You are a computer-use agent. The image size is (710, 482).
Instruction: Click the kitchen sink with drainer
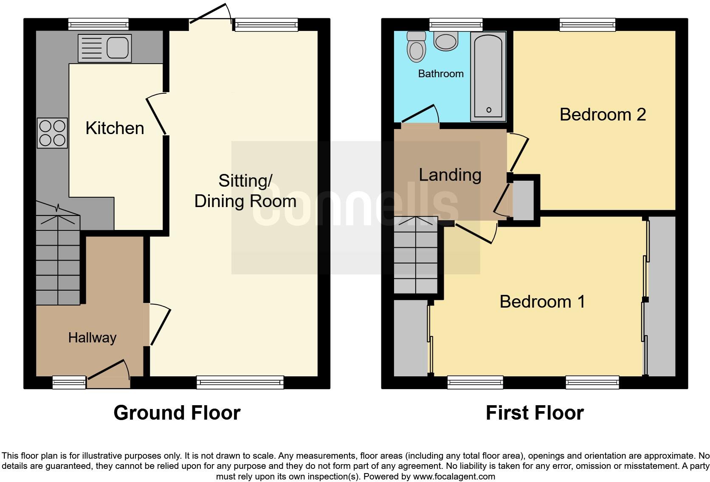pyautogui.click(x=104, y=48)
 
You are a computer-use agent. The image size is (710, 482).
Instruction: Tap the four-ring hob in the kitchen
pyautogui.click(x=52, y=133)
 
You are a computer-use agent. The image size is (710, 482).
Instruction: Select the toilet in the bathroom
pyautogui.click(x=416, y=47)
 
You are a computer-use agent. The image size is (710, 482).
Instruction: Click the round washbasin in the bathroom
pyautogui.click(x=446, y=42)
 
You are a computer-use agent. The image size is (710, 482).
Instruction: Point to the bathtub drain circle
pyautogui.click(x=489, y=110)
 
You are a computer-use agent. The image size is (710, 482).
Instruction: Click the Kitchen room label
pyautogui.click(x=115, y=128)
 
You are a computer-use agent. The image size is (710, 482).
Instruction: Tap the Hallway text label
pyautogui.click(x=92, y=338)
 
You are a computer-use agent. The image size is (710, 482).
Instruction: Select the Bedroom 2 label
pyautogui.click(x=603, y=115)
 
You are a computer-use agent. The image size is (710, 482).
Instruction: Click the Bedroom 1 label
pyautogui.click(x=542, y=302)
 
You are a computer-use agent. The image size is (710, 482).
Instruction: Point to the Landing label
pyautogui.click(x=450, y=175)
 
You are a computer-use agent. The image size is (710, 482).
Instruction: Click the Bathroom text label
pyautogui.click(x=441, y=74)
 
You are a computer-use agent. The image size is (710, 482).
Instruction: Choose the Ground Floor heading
pyautogui.click(x=177, y=413)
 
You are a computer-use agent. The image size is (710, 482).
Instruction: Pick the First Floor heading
pyautogui.click(x=535, y=413)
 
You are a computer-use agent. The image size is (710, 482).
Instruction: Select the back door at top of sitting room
pyautogui.click(x=209, y=14)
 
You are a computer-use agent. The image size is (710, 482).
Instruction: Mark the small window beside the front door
pyautogui.click(x=69, y=382)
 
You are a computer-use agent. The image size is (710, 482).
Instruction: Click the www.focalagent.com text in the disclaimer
pyautogui.click(x=454, y=476)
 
